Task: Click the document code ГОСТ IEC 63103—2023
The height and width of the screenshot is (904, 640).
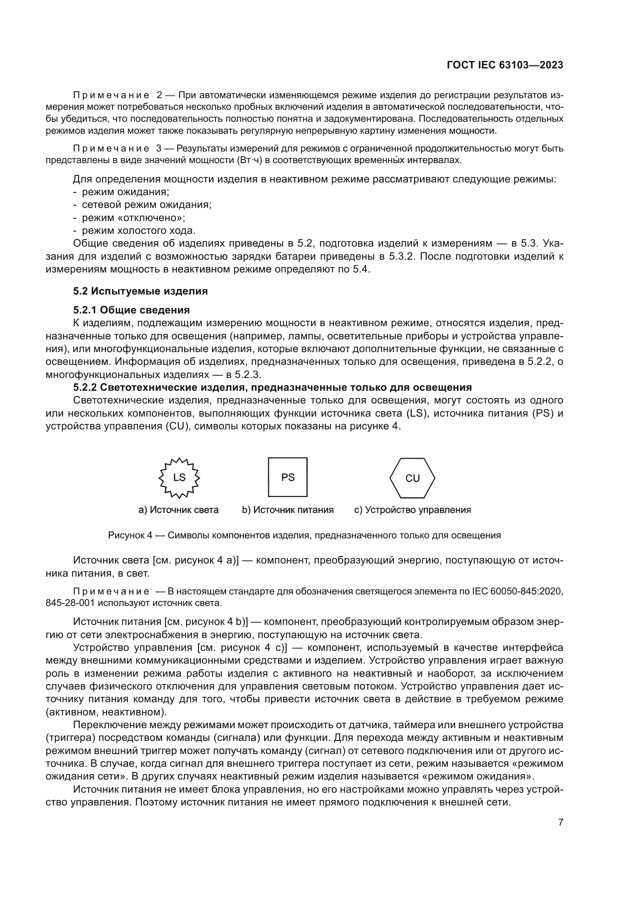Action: [x=505, y=65]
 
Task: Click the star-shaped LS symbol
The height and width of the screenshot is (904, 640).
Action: [x=179, y=478]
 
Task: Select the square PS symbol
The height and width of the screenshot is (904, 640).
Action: [x=287, y=477]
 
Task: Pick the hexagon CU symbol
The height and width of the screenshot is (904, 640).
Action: [x=412, y=478]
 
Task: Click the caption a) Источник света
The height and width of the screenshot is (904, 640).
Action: [x=178, y=510]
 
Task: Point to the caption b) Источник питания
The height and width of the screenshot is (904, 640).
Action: [x=287, y=510]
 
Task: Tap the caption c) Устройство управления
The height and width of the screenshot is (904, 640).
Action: [x=412, y=510]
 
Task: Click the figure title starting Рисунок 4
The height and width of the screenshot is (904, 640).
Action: [x=304, y=535]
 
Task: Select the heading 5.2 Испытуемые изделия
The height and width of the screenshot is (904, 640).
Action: [x=140, y=291]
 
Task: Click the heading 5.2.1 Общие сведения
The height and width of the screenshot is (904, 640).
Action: [x=132, y=310]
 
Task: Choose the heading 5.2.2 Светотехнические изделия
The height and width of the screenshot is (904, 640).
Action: [x=272, y=387]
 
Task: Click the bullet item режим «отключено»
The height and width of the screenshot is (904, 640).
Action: [x=133, y=218]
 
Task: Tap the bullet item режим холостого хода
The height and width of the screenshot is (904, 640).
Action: [x=139, y=231]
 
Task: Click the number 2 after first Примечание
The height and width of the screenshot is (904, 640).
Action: [x=159, y=95]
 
